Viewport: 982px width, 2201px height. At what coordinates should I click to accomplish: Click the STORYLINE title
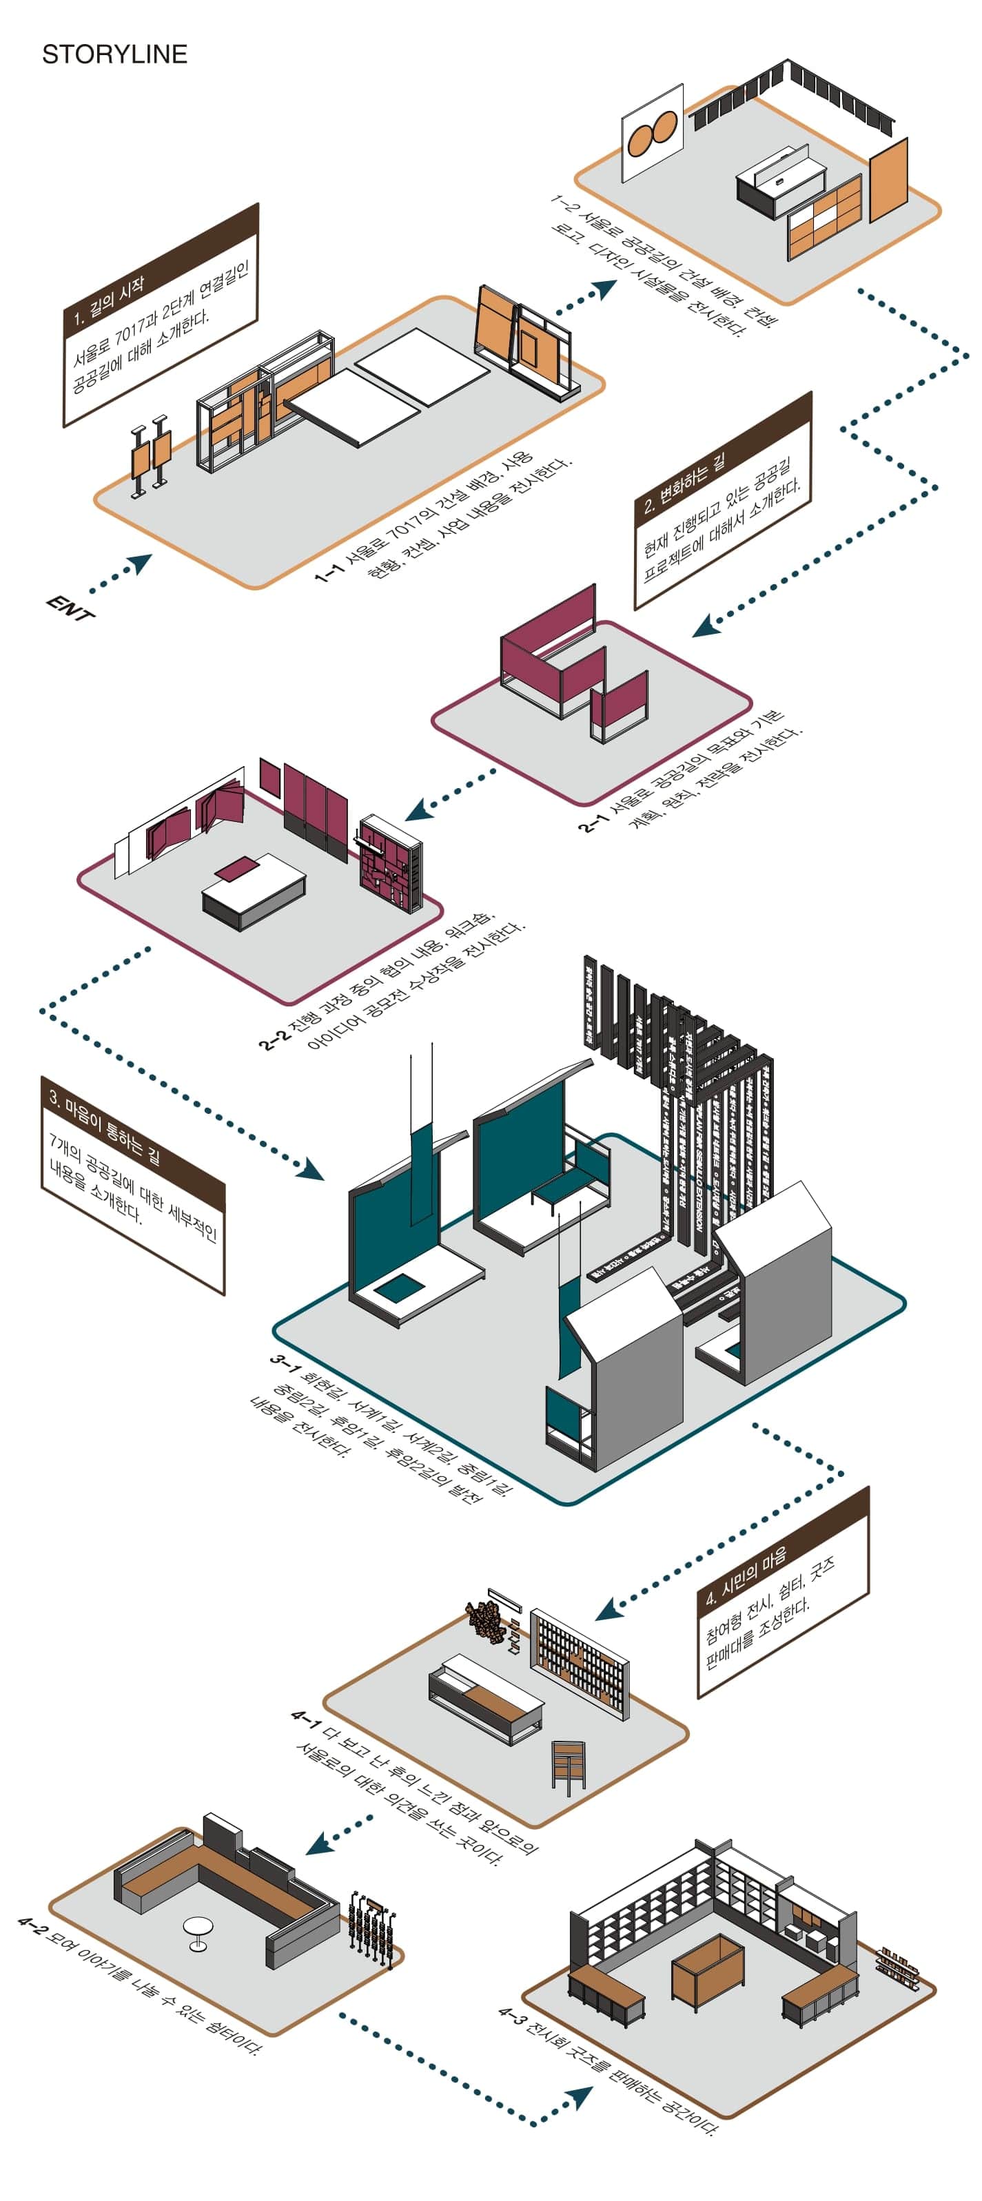tap(114, 54)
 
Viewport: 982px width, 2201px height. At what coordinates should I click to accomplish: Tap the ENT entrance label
tap(70, 608)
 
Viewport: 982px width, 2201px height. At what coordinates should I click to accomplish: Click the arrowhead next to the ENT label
tap(139, 564)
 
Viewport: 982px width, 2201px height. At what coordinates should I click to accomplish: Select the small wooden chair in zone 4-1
tap(567, 1764)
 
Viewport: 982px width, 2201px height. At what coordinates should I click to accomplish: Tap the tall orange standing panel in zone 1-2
tap(888, 179)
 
